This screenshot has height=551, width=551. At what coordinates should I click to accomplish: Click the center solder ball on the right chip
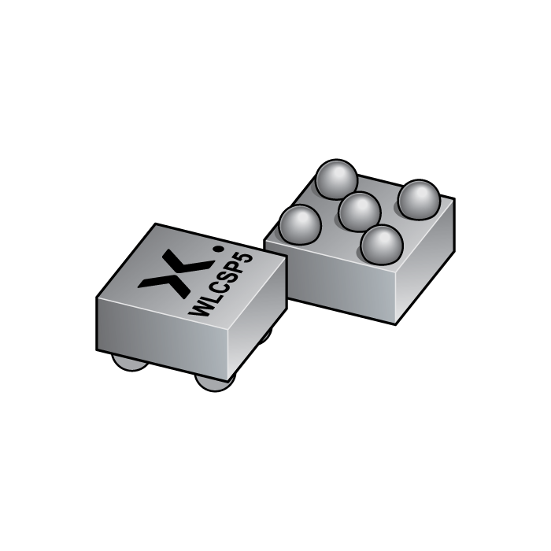(360, 211)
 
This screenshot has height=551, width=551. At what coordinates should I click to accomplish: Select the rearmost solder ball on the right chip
(336, 179)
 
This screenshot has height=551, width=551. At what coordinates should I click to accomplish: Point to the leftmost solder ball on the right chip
(300, 223)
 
